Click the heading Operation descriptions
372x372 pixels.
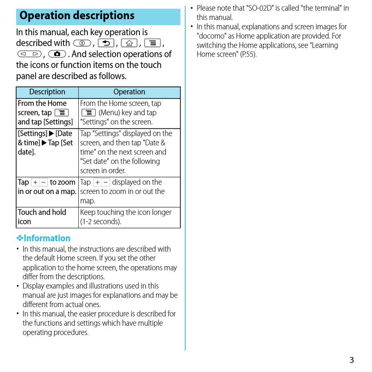click(77, 16)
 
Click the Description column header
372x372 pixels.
click(47, 92)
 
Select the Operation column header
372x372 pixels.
click(129, 92)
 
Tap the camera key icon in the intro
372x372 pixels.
click(57, 54)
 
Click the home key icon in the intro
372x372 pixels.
click(129, 43)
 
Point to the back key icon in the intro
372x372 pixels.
click(106, 43)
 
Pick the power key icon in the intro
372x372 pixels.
click(82, 43)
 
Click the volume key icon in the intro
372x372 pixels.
click(29, 54)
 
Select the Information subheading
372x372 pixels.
click(47, 238)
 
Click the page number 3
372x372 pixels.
click(352, 360)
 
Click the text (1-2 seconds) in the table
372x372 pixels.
click(101, 222)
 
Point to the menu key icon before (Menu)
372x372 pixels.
click(88, 113)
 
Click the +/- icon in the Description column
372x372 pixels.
click(39, 183)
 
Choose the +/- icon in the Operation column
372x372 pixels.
click(101, 183)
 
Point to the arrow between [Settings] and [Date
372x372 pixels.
click(51, 134)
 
